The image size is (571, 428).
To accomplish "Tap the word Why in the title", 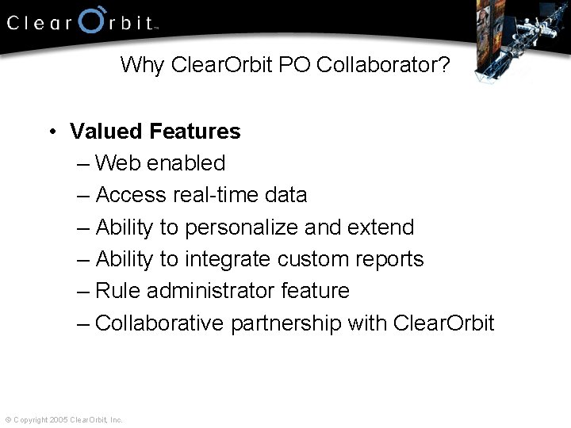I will [x=141, y=65].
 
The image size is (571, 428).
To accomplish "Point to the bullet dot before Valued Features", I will [x=50, y=132].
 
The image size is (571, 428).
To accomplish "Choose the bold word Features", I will [x=194, y=132].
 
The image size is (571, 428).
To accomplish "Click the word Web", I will [x=117, y=163].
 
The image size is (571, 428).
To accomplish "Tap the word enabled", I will [x=186, y=163].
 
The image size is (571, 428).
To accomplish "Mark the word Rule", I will [x=113, y=291].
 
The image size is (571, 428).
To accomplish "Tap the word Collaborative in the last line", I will [x=159, y=323].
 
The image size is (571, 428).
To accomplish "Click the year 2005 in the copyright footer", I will [x=59, y=419].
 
